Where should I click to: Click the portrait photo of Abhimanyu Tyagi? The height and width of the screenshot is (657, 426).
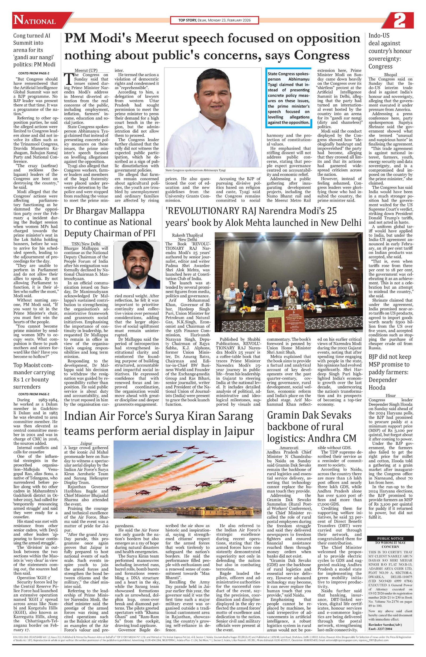coord(212,117)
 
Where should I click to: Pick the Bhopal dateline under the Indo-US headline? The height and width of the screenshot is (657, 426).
coord(390,75)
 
